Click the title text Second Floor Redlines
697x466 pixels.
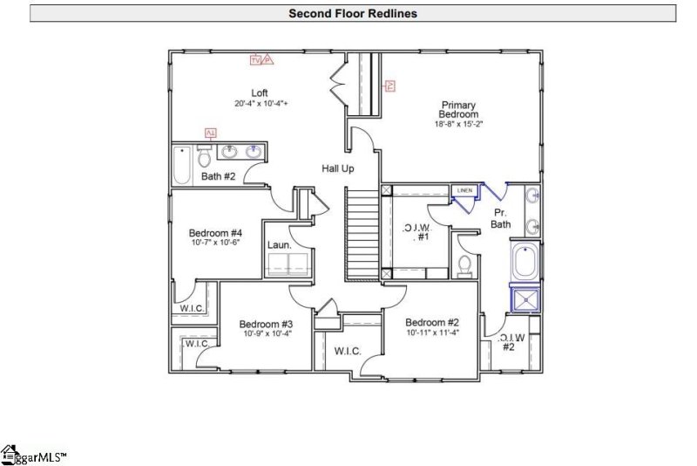coord(353,13)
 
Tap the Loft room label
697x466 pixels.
coord(260,93)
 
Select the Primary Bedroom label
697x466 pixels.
coord(459,108)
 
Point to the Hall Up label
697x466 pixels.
coord(337,168)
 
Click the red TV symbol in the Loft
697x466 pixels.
coord(255,59)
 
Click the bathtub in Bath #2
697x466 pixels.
coord(181,164)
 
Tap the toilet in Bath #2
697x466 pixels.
coord(205,157)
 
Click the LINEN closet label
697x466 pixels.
coord(464,190)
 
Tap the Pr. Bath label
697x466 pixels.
coord(500,218)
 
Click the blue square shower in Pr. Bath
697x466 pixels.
coord(525,299)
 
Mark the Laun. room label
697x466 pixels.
coord(279,245)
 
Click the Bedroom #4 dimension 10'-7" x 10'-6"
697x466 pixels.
coord(215,243)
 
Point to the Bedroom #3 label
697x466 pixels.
coord(266,324)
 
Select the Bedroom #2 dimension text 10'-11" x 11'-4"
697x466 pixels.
coord(432,332)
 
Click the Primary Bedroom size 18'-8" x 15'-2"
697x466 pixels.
coord(458,124)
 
